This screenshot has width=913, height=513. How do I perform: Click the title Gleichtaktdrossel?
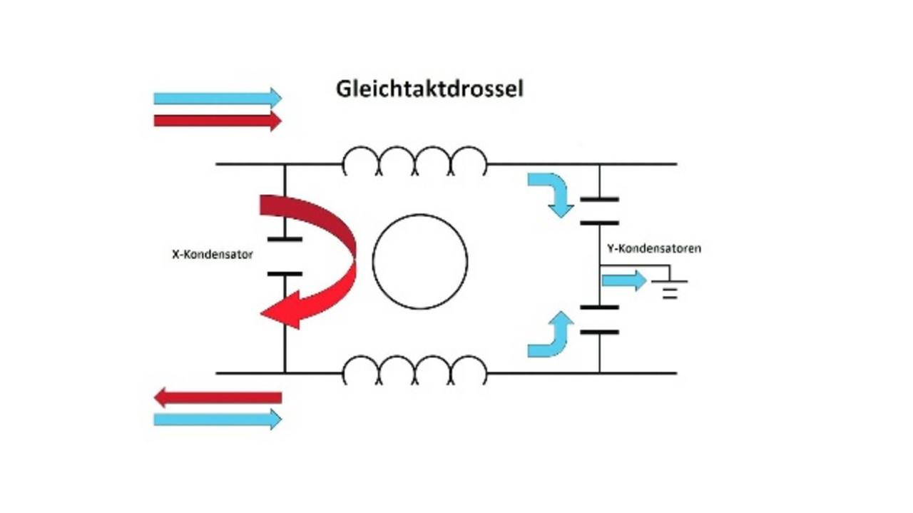429,89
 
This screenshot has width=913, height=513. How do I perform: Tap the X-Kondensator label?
213,254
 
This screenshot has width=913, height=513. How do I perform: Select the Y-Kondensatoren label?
653,249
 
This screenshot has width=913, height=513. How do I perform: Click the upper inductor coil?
415,162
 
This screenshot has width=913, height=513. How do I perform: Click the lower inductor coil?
415,371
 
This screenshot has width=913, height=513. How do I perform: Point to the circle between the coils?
420,261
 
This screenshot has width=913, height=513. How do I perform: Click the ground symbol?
669,290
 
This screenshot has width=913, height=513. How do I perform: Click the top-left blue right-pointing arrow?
218,98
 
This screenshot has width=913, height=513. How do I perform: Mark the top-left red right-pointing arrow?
218,120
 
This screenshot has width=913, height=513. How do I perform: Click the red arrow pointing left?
218,397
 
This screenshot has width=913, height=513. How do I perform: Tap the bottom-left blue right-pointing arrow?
218,420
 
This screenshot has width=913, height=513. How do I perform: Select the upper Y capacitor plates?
599,211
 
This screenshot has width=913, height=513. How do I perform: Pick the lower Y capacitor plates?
599,320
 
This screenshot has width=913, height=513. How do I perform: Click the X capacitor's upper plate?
285,239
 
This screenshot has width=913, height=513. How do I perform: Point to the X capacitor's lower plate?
285,273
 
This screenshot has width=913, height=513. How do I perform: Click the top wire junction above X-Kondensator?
285,164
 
